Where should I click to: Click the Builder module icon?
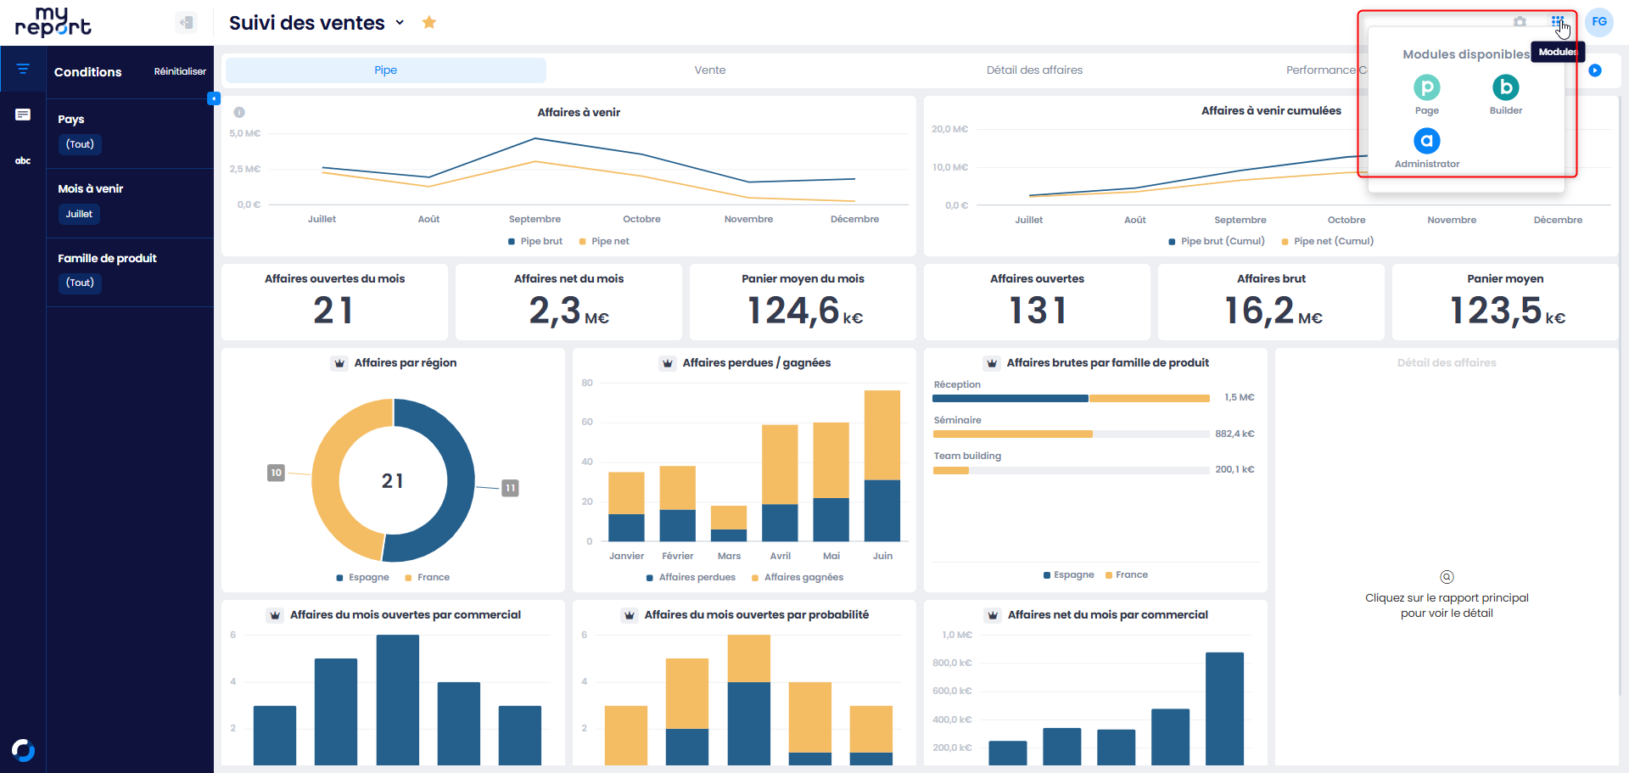1506,87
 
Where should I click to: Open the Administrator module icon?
1427,141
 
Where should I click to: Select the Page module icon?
1427,87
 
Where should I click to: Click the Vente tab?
710,70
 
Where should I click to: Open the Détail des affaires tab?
1034,70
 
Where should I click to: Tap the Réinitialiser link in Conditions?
180,71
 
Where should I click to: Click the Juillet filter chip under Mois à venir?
79,214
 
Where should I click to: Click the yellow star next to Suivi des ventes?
429,22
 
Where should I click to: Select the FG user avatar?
1599,22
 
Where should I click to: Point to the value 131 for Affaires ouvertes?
1037,311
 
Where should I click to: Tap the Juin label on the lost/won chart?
882,556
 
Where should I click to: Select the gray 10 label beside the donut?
276,473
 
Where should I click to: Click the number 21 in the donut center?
393,481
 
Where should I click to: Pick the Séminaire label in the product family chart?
957,420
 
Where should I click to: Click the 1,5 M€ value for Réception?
1239,397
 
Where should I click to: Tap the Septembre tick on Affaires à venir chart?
535,219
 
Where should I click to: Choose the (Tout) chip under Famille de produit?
80,283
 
